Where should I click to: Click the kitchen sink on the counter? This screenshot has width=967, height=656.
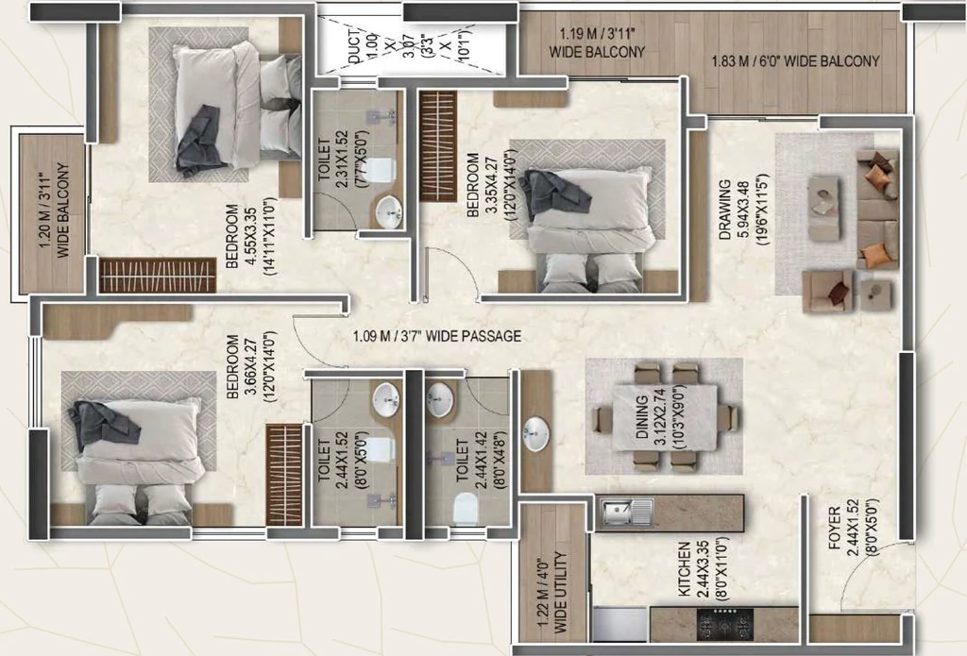(x=627, y=513)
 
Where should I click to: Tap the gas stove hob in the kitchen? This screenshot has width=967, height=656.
(x=725, y=624)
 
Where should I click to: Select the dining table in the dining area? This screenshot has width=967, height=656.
(x=665, y=418)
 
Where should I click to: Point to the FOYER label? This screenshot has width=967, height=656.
(x=835, y=528)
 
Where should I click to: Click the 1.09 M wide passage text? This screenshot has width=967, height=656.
(x=436, y=336)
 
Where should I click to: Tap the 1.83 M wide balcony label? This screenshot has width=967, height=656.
(x=795, y=61)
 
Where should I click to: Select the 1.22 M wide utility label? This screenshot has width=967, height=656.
(x=551, y=591)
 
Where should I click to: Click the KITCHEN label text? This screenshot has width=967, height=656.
(x=684, y=569)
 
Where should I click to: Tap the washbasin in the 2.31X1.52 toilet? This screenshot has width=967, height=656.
(x=388, y=211)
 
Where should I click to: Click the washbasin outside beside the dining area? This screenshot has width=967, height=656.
(x=535, y=433)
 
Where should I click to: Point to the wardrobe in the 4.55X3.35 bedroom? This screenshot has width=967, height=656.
(x=158, y=275)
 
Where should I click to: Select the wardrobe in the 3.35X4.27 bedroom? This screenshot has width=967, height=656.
(x=438, y=146)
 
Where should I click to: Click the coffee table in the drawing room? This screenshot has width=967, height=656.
(x=824, y=209)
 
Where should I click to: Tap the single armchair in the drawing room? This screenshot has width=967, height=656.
(x=827, y=291)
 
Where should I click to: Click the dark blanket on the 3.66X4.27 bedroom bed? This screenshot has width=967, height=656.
(x=104, y=422)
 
